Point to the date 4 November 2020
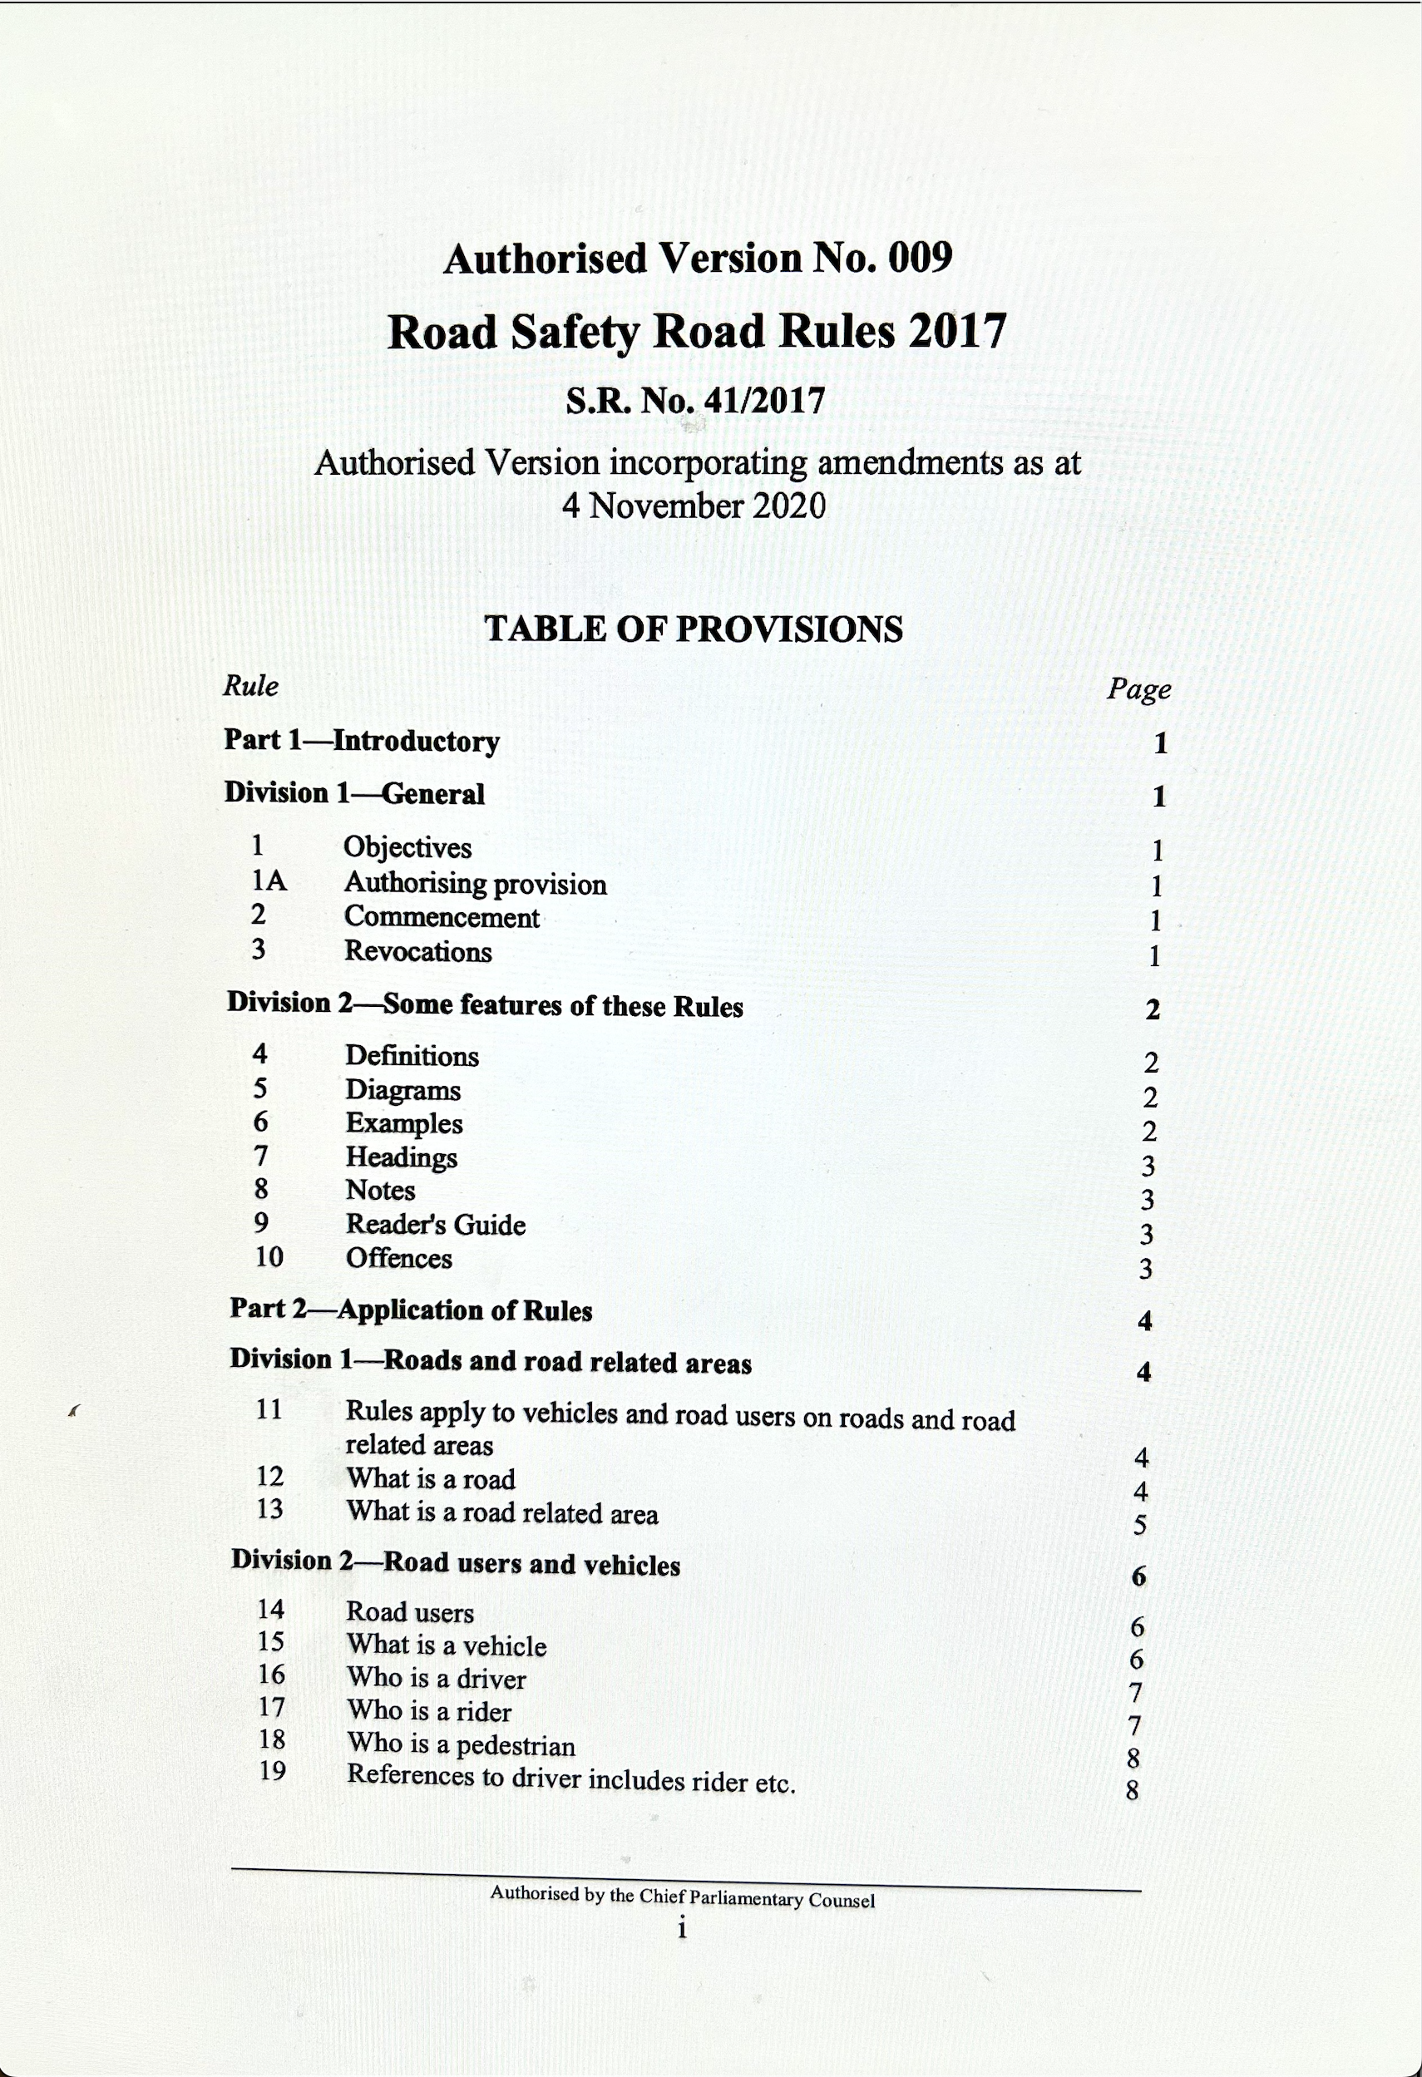694,506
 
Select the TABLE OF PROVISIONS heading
694,629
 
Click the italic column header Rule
250,685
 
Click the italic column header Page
1138,689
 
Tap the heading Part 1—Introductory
361,741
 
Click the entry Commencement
442,917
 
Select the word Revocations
418,951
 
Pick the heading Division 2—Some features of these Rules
485,1004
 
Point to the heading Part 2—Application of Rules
411,1310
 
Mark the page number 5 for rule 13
1139,1526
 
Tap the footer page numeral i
682,1930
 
